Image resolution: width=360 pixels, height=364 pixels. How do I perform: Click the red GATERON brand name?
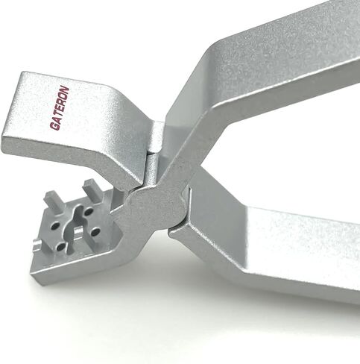coord(60,108)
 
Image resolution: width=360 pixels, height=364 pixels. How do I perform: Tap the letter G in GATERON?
coord(55,127)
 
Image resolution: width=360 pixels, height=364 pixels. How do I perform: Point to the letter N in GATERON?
coord(65,90)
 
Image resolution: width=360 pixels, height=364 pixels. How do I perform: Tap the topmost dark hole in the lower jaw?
coord(89,212)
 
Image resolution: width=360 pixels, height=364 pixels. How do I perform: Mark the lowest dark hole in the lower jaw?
coord(61,247)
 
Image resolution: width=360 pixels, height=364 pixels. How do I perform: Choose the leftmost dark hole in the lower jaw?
coord(54,226)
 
